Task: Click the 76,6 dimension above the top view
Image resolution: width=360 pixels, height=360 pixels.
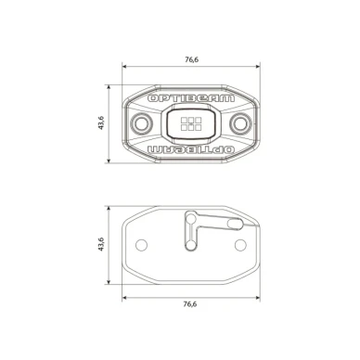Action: coord(192,59)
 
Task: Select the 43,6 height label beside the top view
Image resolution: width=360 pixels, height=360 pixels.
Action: coord(101,123)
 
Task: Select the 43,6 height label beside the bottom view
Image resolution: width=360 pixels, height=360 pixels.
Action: coord(101,245)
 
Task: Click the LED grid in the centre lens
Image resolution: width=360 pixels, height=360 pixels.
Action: coord(191,123)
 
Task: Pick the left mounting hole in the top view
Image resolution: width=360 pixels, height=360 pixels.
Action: coord(142,123)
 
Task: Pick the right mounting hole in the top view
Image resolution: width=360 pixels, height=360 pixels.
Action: coord(240,123)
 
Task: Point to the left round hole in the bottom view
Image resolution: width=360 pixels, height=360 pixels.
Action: coord(142,244)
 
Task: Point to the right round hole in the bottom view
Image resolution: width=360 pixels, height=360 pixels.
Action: coord(241,244)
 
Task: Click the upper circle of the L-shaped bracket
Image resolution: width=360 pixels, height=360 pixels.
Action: coord(192,219)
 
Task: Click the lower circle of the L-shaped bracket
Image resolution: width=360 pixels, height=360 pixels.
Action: coord(192,246)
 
